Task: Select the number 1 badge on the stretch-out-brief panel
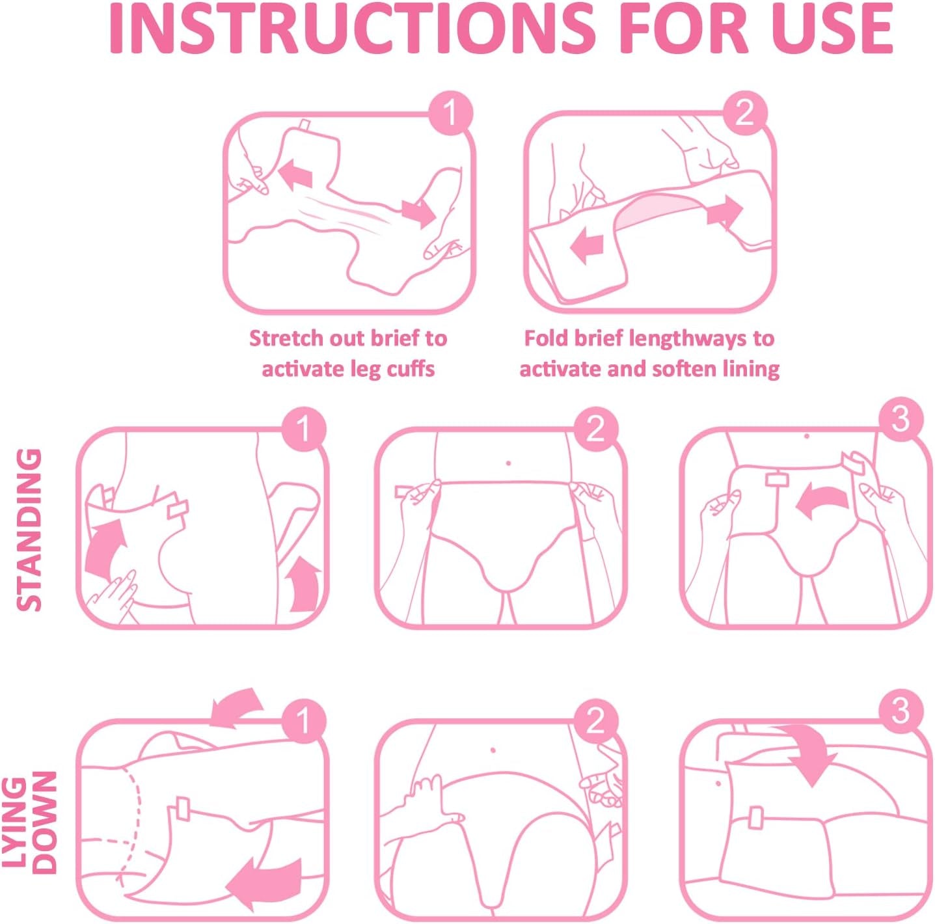coord(450,114)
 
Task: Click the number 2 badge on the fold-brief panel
coord(745,113)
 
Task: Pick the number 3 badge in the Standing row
coord(901,420)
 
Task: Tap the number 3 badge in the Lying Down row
coord(901,711)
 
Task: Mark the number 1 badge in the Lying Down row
coord(303,721)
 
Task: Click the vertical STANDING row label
coord(30,530)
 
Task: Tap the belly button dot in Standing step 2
coord(508,463)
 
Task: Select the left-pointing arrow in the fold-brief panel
coord(587,247)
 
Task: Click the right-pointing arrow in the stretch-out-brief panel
coord(418,212)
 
